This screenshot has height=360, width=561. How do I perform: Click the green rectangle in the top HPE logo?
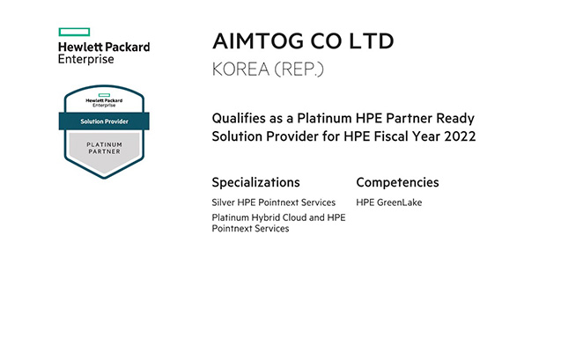click(74, 33)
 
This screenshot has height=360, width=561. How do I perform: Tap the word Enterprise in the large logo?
click(86, 59)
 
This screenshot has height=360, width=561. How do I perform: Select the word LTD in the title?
click(372, 40)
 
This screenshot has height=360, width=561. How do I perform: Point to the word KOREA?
click(240, 69)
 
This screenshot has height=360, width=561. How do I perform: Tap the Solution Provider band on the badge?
click(104, 121)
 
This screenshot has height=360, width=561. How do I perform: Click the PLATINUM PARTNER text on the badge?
click(104, 148)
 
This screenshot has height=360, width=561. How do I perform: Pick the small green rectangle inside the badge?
click(104, 95)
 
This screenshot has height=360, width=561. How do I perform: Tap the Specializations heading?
click(255, 182)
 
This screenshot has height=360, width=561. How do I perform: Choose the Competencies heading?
click(397, 182)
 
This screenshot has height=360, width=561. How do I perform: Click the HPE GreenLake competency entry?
click(389, 202)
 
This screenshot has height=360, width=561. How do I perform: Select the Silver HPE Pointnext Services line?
click(274, 202)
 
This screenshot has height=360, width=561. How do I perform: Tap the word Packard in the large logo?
click(128, 47)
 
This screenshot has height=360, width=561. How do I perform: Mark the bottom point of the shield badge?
click(104, 179)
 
